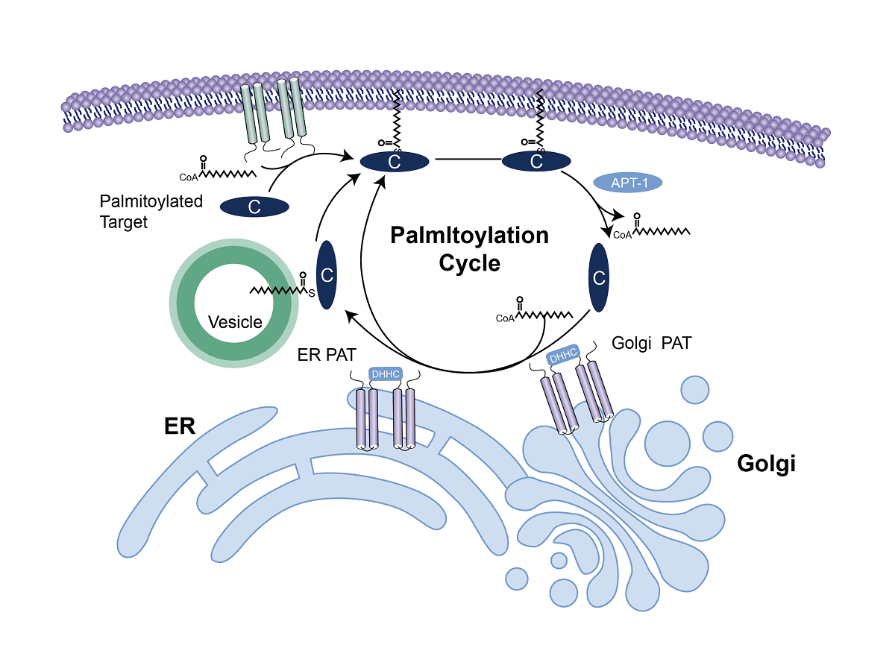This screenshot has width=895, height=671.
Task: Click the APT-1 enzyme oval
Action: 627,182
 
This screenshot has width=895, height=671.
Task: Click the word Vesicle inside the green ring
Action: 235,322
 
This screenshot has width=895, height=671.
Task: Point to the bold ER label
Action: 180,426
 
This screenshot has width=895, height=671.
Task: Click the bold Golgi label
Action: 766,463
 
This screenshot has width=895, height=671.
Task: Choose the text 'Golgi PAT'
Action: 651,344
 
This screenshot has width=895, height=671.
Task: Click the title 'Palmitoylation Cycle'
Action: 469,249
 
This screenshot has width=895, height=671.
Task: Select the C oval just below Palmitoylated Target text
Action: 254,207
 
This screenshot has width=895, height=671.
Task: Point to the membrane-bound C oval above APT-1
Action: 536,160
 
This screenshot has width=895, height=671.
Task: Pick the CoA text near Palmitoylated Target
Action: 190,177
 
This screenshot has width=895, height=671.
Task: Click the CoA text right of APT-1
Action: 622,235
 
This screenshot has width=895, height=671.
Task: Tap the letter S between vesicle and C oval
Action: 312,293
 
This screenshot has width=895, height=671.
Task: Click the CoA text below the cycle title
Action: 505,318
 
